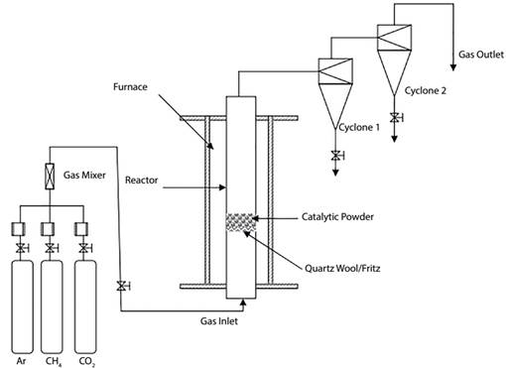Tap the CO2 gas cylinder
(x=84, y=298)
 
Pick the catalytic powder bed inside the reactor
(x=240, y=223)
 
